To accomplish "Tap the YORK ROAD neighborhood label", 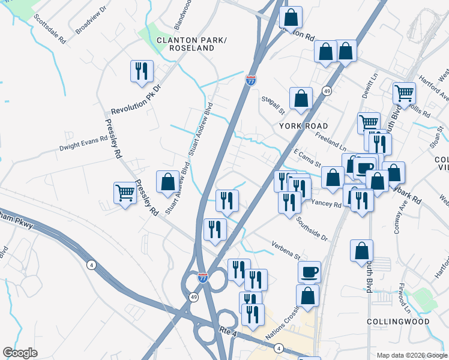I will coord(303,126).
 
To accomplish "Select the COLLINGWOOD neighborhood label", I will coord(399,322).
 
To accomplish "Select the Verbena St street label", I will coord(288,252).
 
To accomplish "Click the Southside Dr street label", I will coord(312,229).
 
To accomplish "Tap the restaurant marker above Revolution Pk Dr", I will coord(142,71).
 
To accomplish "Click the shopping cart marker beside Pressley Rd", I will coord(125,193).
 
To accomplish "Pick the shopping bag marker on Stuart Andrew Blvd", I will coord(167,182).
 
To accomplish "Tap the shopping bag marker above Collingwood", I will coord(361,251).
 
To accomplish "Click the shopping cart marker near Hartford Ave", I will coord(405,93).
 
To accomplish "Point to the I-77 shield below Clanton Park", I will coord(251,79).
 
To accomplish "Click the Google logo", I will coord(20,353).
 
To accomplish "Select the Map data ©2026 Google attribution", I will coord(412,355).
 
